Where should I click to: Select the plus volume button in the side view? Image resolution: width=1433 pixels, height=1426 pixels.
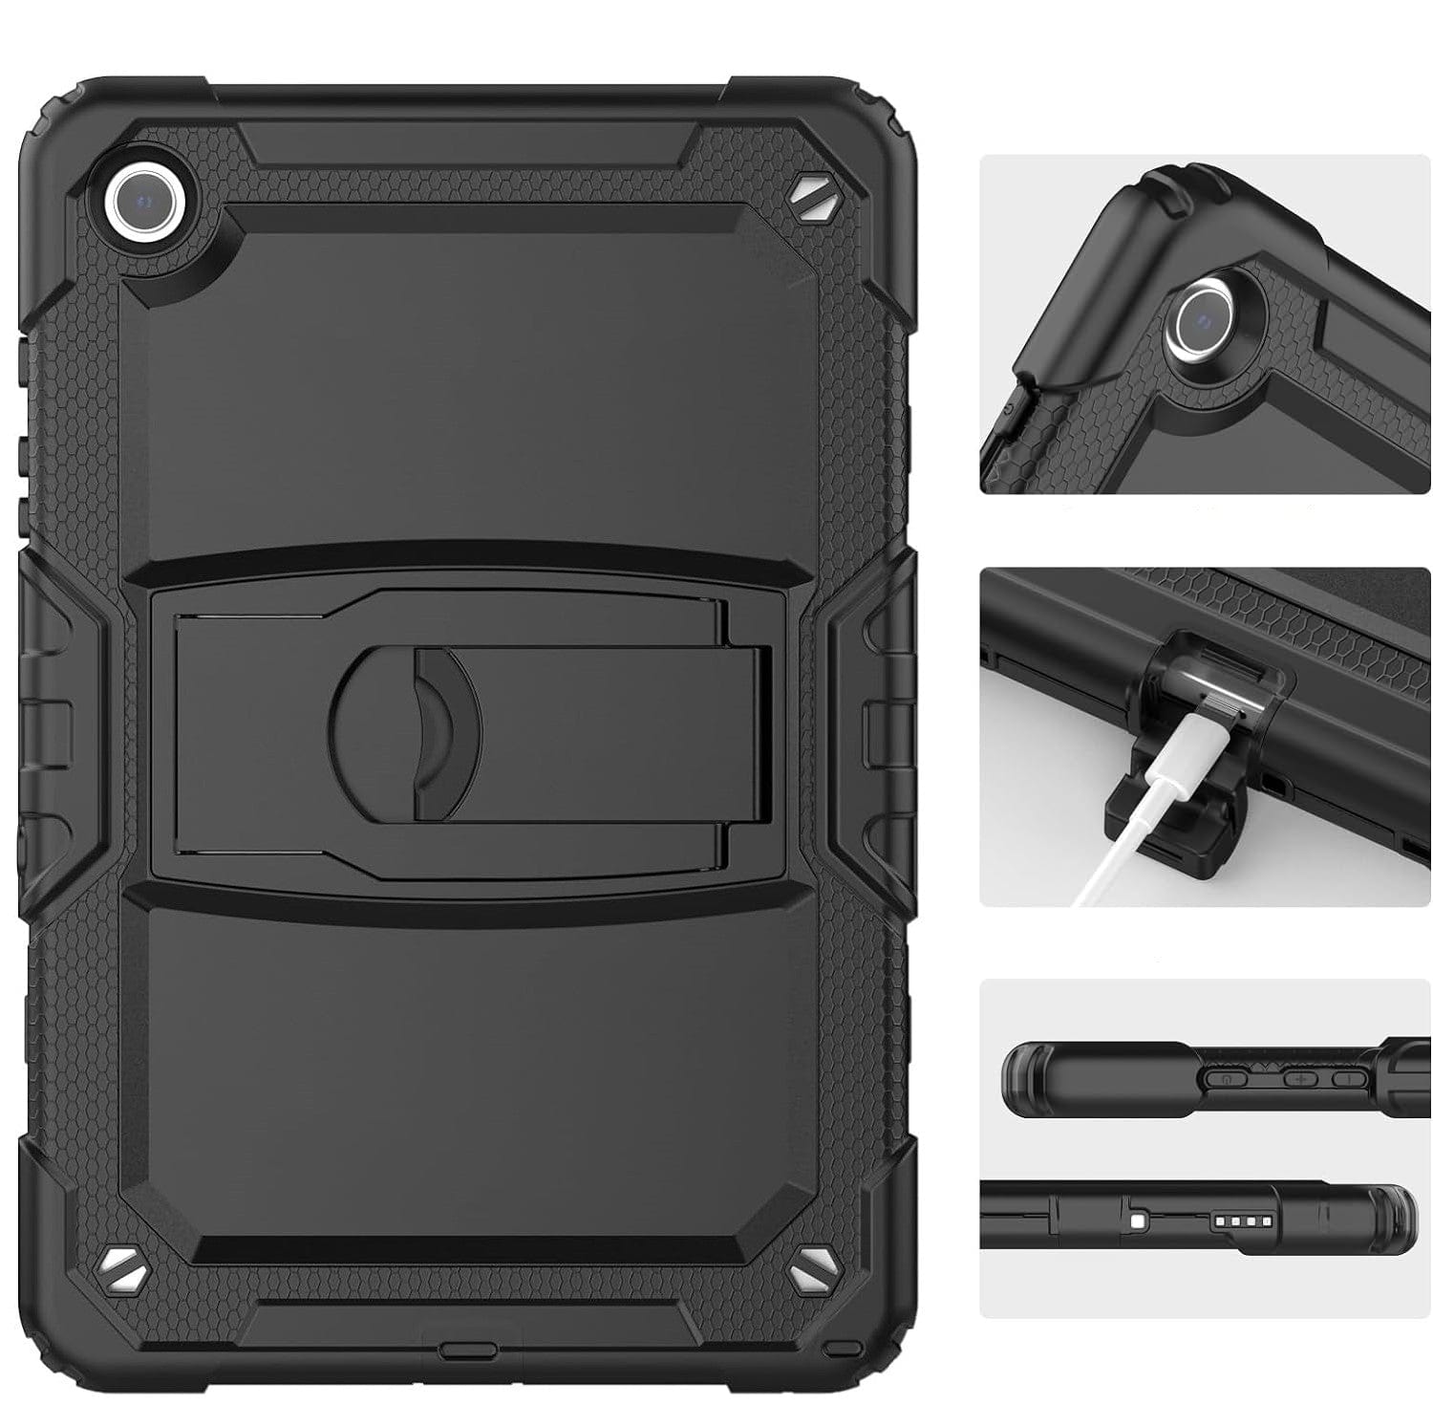coord(1300,1078)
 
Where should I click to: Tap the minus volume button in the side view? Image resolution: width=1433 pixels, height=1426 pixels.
coord(1349,1078)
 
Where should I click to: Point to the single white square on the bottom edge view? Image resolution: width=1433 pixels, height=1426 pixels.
coord(1137,1221)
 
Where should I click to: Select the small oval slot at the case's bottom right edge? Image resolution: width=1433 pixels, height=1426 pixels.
coord(841,1348)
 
